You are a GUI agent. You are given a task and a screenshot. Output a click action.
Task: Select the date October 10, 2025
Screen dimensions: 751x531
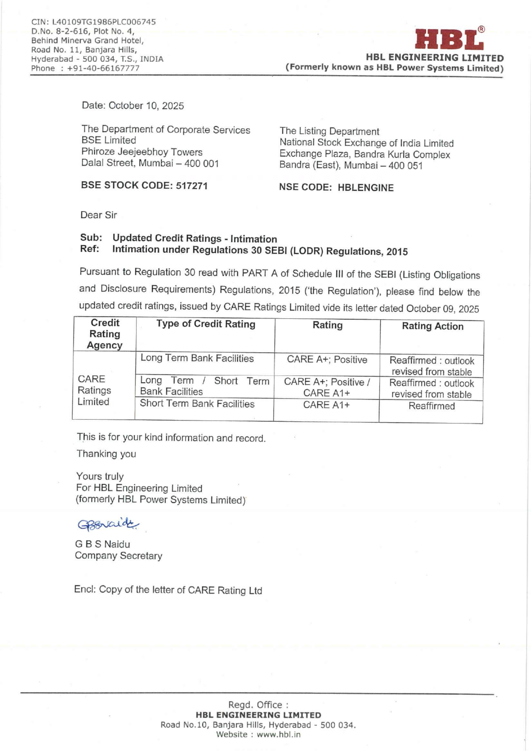(x=146, y=106)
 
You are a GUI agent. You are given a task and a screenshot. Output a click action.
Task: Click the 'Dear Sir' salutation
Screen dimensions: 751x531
(x=99, y=215)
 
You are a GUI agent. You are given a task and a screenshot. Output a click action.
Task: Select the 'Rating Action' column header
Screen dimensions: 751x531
(x=432, y=326)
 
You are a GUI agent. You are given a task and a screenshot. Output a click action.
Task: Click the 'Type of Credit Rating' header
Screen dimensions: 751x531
(x=206, y=324)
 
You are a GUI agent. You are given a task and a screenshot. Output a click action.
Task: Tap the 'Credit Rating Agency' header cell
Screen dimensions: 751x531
(x=105, y=334)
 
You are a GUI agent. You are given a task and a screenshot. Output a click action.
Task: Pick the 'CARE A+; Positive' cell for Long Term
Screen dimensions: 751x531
(x=327, y=359)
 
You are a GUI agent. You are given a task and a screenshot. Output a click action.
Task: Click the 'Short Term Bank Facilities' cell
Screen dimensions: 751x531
(x=197, y=404)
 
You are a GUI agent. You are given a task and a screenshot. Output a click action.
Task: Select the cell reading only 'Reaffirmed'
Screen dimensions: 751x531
(x=431, y=406)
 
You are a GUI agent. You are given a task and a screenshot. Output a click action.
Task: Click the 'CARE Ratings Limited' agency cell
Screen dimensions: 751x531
(x=94, y=390)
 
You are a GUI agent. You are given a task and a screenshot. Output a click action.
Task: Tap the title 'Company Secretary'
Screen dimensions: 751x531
(x=118, y=556)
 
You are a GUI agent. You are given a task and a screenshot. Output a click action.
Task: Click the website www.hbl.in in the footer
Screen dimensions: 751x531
(x=278, y=734)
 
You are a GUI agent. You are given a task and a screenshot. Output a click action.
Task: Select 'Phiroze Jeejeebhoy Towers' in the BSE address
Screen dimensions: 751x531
(x=142, y=152)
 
